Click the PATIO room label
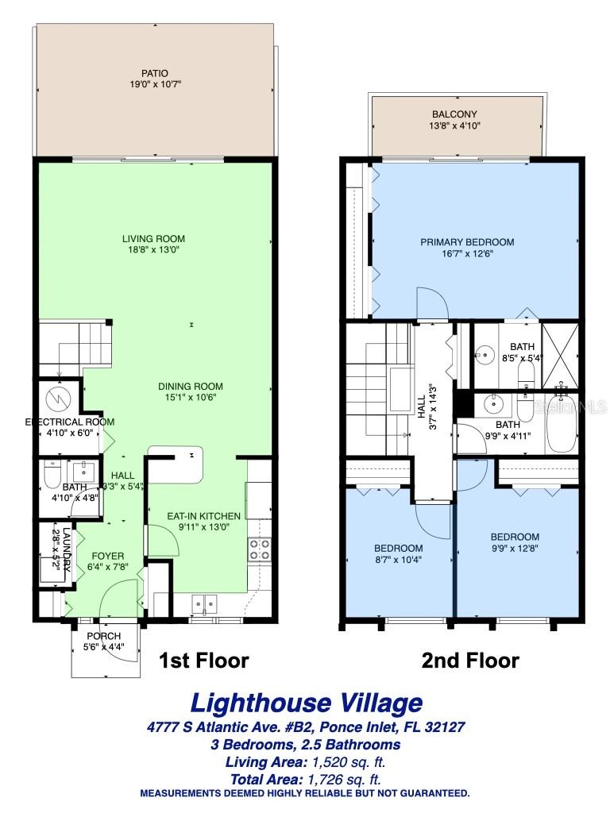pyautogui.click(x=156, y=72)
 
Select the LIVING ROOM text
pyautogui.click(x=153, y=239)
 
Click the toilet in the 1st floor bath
pyautogui.click(x=51, y=476)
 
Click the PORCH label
pyautogui.click(x=103, y=635)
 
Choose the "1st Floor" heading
pyautogui.click(x=204, y=660)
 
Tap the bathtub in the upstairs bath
pyautogui.click(x=564, y=414)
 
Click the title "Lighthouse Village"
pyautogui.click(x=306, y=703)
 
